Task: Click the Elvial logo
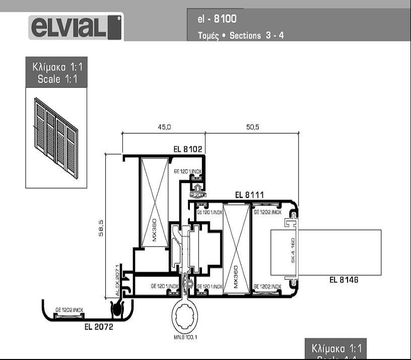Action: [x=76, y=27]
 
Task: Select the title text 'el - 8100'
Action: [x=217, y=19]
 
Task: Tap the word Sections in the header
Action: [x=245, y=36]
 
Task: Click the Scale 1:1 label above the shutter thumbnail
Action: [x=56, y=73]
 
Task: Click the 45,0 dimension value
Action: [x=165, y=127]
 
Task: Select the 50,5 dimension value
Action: [x=252, y=127]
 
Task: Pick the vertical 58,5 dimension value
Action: [x=101, y=228]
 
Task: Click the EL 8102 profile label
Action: [x=187, y=149]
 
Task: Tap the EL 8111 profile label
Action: [x=249, y=195]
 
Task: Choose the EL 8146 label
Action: [x=344, y=280]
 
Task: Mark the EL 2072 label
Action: [x=99, y=327]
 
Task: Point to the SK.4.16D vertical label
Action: [x=293, y=249]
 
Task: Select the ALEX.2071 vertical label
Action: [x=118, y=280]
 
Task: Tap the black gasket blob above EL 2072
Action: [x=118, y=309]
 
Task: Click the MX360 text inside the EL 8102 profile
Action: [x=155, y=230]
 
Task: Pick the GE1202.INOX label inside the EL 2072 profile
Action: [x=69, y=310]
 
